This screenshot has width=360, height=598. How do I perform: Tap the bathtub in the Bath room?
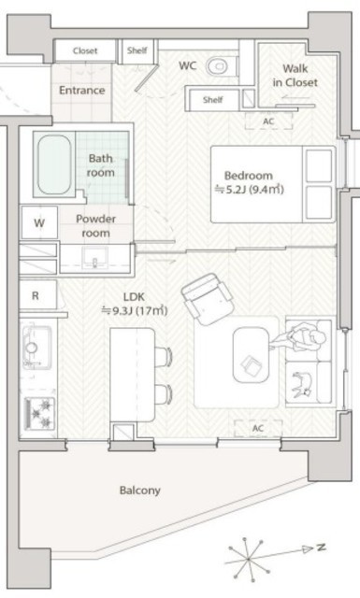pyautogui.click(x=54, y=164)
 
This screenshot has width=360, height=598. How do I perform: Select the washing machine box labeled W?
pyautogui.click(x=39, y=222)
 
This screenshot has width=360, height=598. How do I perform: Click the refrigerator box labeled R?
pyautogui.click(x=37, y=295)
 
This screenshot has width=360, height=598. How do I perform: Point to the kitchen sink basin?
pyautogui.click(x=36, y=347)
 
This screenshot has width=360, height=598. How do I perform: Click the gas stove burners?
pyautogui.click(x=39, y=413)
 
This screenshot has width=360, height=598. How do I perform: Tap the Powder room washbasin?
pyautogui.click(x=94, y=258)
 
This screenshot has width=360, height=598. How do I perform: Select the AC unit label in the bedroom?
pyautogui.click(x=268, y=121)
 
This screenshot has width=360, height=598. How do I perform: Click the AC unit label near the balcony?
pyautogui.click(x=258, y=428)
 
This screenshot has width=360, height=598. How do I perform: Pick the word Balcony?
pyautogui.click(x=139, y=490)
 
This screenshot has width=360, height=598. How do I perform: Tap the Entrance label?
pyautogui.click(x=81, y=91)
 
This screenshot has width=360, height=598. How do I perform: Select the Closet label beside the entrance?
pyautogui.click(x=85, y=50)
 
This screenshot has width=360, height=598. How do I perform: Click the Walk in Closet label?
pyautogui.click(x=295, y=76)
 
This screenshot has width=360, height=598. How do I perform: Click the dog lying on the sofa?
pyautogui.click(x=302, y=384)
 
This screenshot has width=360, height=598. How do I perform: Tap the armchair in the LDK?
pyautogui.click(x=208, y=299)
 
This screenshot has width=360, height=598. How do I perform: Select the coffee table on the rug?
pyautogui.click(x=251, y=355)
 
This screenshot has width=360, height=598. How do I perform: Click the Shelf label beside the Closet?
pyautogui.click(x=137, y=50)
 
